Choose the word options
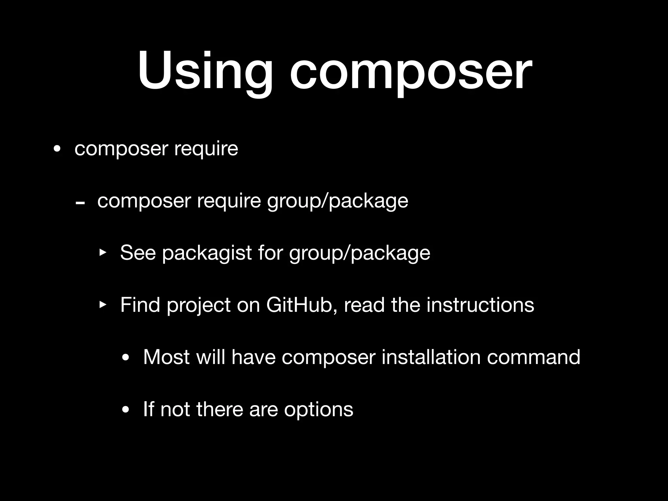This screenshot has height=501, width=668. tap(318, 409)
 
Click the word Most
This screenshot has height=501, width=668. tap(166, 357)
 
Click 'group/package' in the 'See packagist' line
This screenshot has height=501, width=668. tap(359, 253)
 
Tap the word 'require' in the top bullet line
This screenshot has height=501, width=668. tap(206, 149)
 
